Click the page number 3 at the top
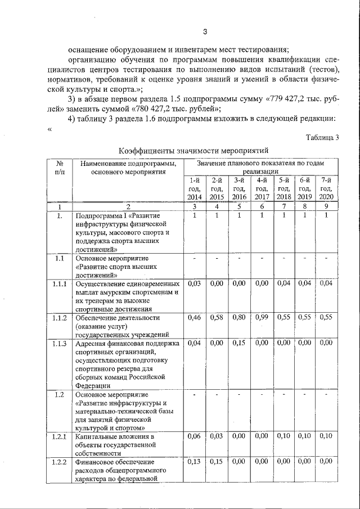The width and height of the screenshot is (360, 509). pyautogui.click(x=205, y=31)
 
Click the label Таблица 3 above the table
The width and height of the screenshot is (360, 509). pyautogui.click(x=323, y=138)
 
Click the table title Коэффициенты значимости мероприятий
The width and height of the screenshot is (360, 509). pyautogui.click(x=191, y=150)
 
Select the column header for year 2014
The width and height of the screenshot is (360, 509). pyautogui.click(x=194, y=188)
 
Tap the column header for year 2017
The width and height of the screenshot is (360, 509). pyautogui.click(x=262, y=188)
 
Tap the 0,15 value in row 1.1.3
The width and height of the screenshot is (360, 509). pyautogui.click(x=240, y=343)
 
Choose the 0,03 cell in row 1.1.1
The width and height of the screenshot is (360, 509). pyautogui.click(x=194, y=283)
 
